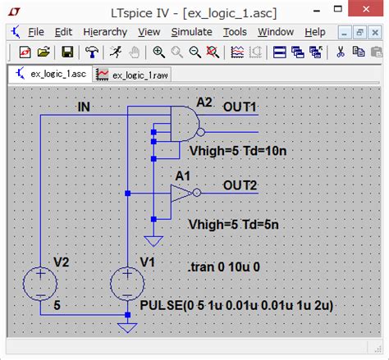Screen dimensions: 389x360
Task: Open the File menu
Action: point(36,32)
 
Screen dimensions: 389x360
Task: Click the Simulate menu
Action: point(191,32)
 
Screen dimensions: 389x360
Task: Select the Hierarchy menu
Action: point(105,32)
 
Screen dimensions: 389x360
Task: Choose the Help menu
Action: point(315,32)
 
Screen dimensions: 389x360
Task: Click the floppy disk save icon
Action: point(67,52)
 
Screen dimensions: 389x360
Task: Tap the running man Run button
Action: point(116,52)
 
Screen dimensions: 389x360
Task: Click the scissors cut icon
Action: point(341,52)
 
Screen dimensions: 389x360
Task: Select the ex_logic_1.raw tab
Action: point(132,75)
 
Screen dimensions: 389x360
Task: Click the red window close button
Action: point(366,9)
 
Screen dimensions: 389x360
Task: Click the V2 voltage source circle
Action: point(40,284)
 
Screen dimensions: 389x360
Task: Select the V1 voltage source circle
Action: point(127,284)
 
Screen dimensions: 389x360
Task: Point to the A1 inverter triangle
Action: point(181,193)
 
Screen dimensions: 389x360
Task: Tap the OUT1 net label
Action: point(240,107)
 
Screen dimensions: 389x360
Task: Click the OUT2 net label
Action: point(240,185)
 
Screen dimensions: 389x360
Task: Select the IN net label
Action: point(84,107)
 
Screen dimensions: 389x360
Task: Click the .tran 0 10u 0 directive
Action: point(224,267)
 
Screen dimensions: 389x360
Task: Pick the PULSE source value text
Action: point(236,305)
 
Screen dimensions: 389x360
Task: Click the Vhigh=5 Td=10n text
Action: point(238,151)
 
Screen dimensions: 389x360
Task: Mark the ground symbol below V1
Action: point(127,328)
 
